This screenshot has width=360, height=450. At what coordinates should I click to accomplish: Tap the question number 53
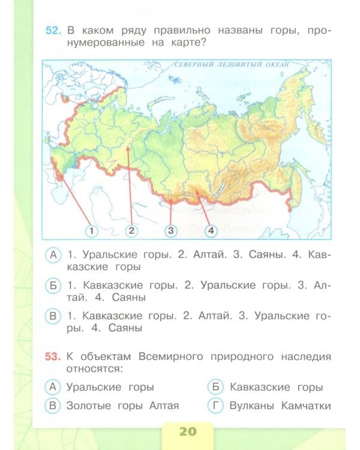[x=53, y=356]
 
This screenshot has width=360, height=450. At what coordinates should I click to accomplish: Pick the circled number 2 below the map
[x=131, y=230]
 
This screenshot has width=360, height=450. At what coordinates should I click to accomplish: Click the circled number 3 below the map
[x=171, y=230]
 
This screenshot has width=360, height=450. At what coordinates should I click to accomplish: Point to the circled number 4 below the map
[x=211, y=230]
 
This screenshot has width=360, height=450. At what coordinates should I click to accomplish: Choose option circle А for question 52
[x=53, y=255]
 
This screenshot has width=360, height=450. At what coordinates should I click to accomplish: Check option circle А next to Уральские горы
[x=53, y=387]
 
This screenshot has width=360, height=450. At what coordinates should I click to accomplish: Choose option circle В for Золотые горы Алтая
[x=53, y=406]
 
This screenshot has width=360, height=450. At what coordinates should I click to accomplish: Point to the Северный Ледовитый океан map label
[x=231, y=64]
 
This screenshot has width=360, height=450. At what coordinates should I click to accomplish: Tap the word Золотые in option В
[x=88, y=406]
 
